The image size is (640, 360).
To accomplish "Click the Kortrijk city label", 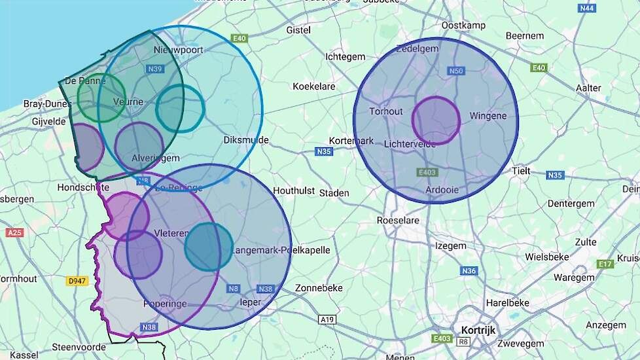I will click(x=478, y=330).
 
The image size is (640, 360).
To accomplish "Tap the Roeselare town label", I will click(x=398, y=221).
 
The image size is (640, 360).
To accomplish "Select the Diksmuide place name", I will click(x=246, y=140).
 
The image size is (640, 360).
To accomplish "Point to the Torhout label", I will click(x=386, y=111).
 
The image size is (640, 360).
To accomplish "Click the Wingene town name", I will click(x=488, y=116).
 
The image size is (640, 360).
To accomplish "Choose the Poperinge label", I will click(x=165, y=304).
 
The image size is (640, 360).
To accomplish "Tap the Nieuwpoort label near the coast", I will click(x=178, y=50).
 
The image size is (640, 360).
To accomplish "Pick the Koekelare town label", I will click(x=314, y=86).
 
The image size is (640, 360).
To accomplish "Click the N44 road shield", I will click(x=587, y=8).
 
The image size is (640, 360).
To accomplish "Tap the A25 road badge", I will click(x=14, y=232).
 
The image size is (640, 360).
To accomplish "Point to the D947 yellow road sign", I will click(x=77, y=281).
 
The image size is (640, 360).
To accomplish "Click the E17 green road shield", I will click(x=605, y=264).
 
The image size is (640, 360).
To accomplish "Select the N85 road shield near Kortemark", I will click(x=324, y=152).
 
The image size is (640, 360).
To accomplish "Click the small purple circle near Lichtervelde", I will click(x=436, y=120).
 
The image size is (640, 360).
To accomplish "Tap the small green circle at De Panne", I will click(x=101, y=98).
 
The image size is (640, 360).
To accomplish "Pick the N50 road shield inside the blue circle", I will click(x=456, y=71).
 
